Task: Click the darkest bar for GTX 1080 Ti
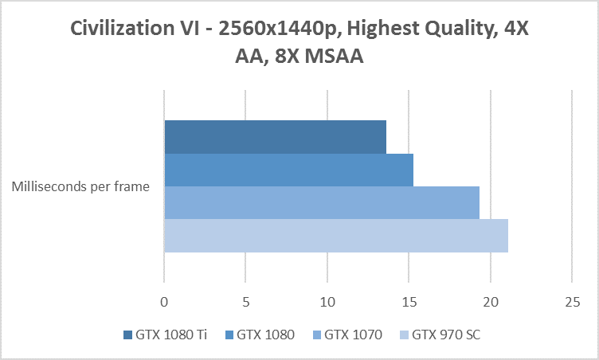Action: (275, 137)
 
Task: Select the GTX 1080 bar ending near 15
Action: (288, 170)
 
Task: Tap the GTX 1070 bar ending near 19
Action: (321, 202)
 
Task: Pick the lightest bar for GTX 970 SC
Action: (335, 235)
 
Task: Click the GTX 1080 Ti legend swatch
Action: (128, 335)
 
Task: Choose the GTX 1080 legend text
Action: (265, 335)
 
